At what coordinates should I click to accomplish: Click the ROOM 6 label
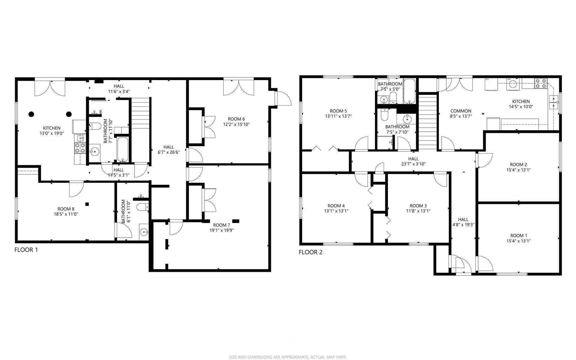point(236,119)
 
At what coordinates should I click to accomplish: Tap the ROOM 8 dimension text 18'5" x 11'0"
point(65,214)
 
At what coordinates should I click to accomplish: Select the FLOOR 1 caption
point(26,250)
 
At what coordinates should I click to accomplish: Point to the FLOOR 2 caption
point(310,252)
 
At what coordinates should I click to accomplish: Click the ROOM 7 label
point(221,225)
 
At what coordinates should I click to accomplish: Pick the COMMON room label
point(461,111)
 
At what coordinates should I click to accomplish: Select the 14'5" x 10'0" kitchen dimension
point(521,106)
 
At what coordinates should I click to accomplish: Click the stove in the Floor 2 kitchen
point(541,83)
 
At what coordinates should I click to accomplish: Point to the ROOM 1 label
point(519,236)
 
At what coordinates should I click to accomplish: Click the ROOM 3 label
point(418,206)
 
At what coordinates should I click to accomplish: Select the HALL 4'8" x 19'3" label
point(463,222)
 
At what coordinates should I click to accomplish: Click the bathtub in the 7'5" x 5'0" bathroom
point(409,91)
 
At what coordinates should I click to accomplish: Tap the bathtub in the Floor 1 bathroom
point(123,149)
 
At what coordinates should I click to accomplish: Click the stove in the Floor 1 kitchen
point(80,148)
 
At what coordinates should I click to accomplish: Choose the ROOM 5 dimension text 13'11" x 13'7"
point(338,116)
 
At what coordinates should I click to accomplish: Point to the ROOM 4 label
point(336,206)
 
